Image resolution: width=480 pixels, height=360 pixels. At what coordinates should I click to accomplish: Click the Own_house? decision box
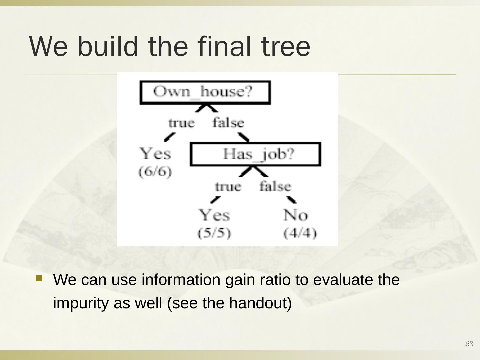click(205, 92)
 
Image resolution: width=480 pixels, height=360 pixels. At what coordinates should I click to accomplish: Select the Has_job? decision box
click(255, 154)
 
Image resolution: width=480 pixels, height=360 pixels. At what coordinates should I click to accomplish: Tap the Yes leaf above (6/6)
click(155, 154)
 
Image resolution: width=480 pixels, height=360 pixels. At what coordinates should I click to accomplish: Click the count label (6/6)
click(155, 172)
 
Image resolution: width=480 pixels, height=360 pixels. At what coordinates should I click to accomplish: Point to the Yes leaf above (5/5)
click(214, 215)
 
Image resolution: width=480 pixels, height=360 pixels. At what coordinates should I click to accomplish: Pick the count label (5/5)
click(214, 233)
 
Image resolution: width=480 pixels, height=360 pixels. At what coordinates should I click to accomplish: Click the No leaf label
click(296, 215)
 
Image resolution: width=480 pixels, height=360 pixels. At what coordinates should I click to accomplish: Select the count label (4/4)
click(300, 233)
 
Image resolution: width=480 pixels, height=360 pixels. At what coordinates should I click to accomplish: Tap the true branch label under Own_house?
click(181, 123)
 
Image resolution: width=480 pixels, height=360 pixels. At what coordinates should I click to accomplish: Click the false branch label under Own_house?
click(228, 123)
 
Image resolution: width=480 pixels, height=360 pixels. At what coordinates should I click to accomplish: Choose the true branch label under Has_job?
click(228, 186)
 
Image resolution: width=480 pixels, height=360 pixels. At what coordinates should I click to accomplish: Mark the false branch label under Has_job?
click(275, 186)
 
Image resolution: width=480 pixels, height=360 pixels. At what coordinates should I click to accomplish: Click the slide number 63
click(469, 344)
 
